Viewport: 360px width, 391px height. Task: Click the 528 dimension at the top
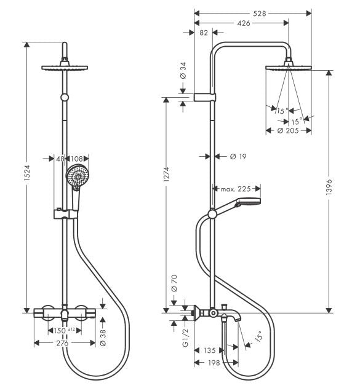coord(260,14)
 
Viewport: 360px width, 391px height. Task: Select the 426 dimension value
coord(244,23)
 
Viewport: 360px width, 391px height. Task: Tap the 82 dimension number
coord(204,33)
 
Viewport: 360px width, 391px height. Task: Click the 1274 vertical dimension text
coord(166,175)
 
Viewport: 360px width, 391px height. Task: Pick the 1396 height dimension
coord(329,186)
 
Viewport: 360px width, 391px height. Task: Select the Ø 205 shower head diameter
coord(288,130)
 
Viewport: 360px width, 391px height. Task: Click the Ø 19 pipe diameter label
coord(238,157)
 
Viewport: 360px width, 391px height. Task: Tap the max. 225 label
coord(236,189)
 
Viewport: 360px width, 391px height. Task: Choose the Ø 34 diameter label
coord(183,71)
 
